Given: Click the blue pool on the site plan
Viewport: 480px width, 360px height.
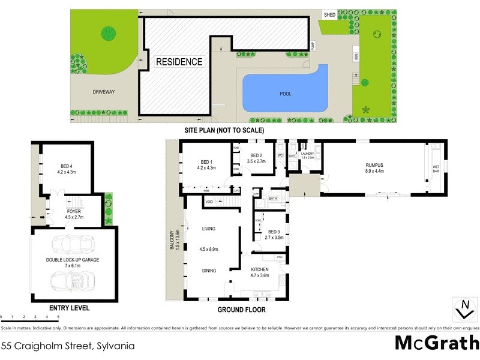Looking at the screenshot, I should [284, 90].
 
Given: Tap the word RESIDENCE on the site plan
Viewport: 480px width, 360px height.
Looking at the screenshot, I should [179, 62].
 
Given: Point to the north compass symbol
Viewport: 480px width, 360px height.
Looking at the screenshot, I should [463, 309].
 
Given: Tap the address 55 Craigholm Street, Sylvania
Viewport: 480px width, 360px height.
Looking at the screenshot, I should [67, 346].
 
